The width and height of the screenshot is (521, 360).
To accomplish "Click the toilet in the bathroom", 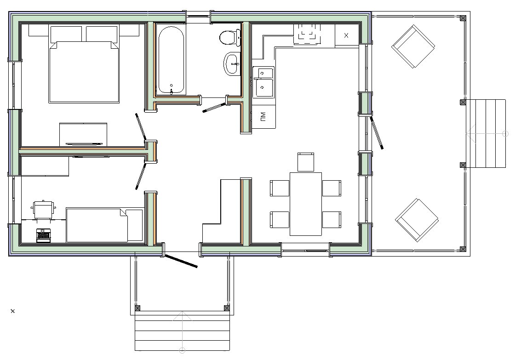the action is coord(230,38).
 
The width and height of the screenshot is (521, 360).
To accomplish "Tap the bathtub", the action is coord(171,60).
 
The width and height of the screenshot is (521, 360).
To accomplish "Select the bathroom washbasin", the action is coord(232,64).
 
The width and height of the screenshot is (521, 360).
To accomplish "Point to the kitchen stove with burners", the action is coord(307,34).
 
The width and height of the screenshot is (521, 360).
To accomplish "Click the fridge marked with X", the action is coord(346,35).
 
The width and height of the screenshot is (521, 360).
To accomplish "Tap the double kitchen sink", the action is coord(263,82).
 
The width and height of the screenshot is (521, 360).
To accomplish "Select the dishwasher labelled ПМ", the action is coord(264,117).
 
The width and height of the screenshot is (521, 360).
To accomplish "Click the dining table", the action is coord(306,204).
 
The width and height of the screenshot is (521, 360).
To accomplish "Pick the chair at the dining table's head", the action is coord(306,162).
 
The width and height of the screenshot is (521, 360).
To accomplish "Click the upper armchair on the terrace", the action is coord(413,46).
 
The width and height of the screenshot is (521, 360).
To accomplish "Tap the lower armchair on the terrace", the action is coord(417,220).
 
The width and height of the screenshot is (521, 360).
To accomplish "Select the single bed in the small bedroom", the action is coord(105,225).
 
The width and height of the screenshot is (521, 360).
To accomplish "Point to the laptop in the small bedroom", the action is coord(43,235).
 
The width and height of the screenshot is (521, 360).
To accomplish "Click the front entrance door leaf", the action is coord(181,261).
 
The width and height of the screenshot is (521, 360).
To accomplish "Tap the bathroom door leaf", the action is coord(214,108).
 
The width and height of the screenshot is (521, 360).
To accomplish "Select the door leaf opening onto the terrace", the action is coord(377,132).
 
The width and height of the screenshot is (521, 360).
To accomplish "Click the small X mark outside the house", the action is coord(12,311).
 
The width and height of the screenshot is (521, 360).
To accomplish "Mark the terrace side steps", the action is coord(486,133).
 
